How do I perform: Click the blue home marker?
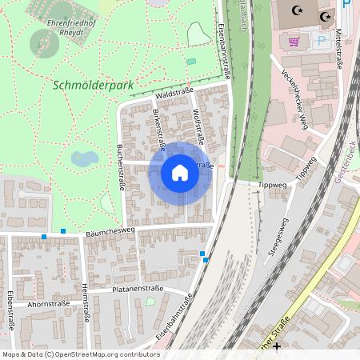(180, 173)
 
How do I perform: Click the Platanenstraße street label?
(138, 288)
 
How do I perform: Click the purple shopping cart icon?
(294, 41)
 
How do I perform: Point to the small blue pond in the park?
(83, 158)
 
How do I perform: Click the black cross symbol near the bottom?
(277, 346)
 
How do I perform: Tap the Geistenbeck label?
(348, 164)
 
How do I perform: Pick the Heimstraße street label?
(85, 304)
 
